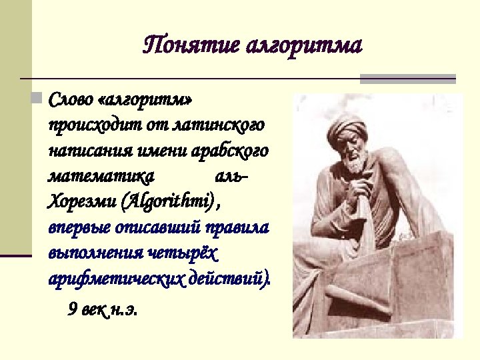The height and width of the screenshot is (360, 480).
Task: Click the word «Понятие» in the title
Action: pyautogui.click(x=191, y=46)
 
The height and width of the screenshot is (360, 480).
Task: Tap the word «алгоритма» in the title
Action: pyautogui.click(x=304, y=46)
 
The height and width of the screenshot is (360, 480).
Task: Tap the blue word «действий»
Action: pyautogui.click(x=230, y=279)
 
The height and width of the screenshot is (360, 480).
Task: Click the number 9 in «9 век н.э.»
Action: pyautogui.click(x=72, y=309)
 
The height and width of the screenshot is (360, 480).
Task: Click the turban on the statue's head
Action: pyautogui.click(x=347, y=127)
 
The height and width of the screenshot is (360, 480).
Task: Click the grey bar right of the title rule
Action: pyautogui.click(x=408, y=79)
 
